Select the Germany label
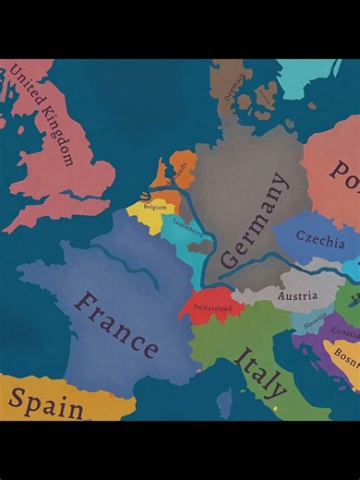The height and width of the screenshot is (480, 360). pos(253,222)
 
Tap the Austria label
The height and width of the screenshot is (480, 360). pos(297,296)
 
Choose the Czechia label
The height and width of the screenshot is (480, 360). pos(320,235)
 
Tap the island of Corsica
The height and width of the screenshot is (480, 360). pos(224,402)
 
